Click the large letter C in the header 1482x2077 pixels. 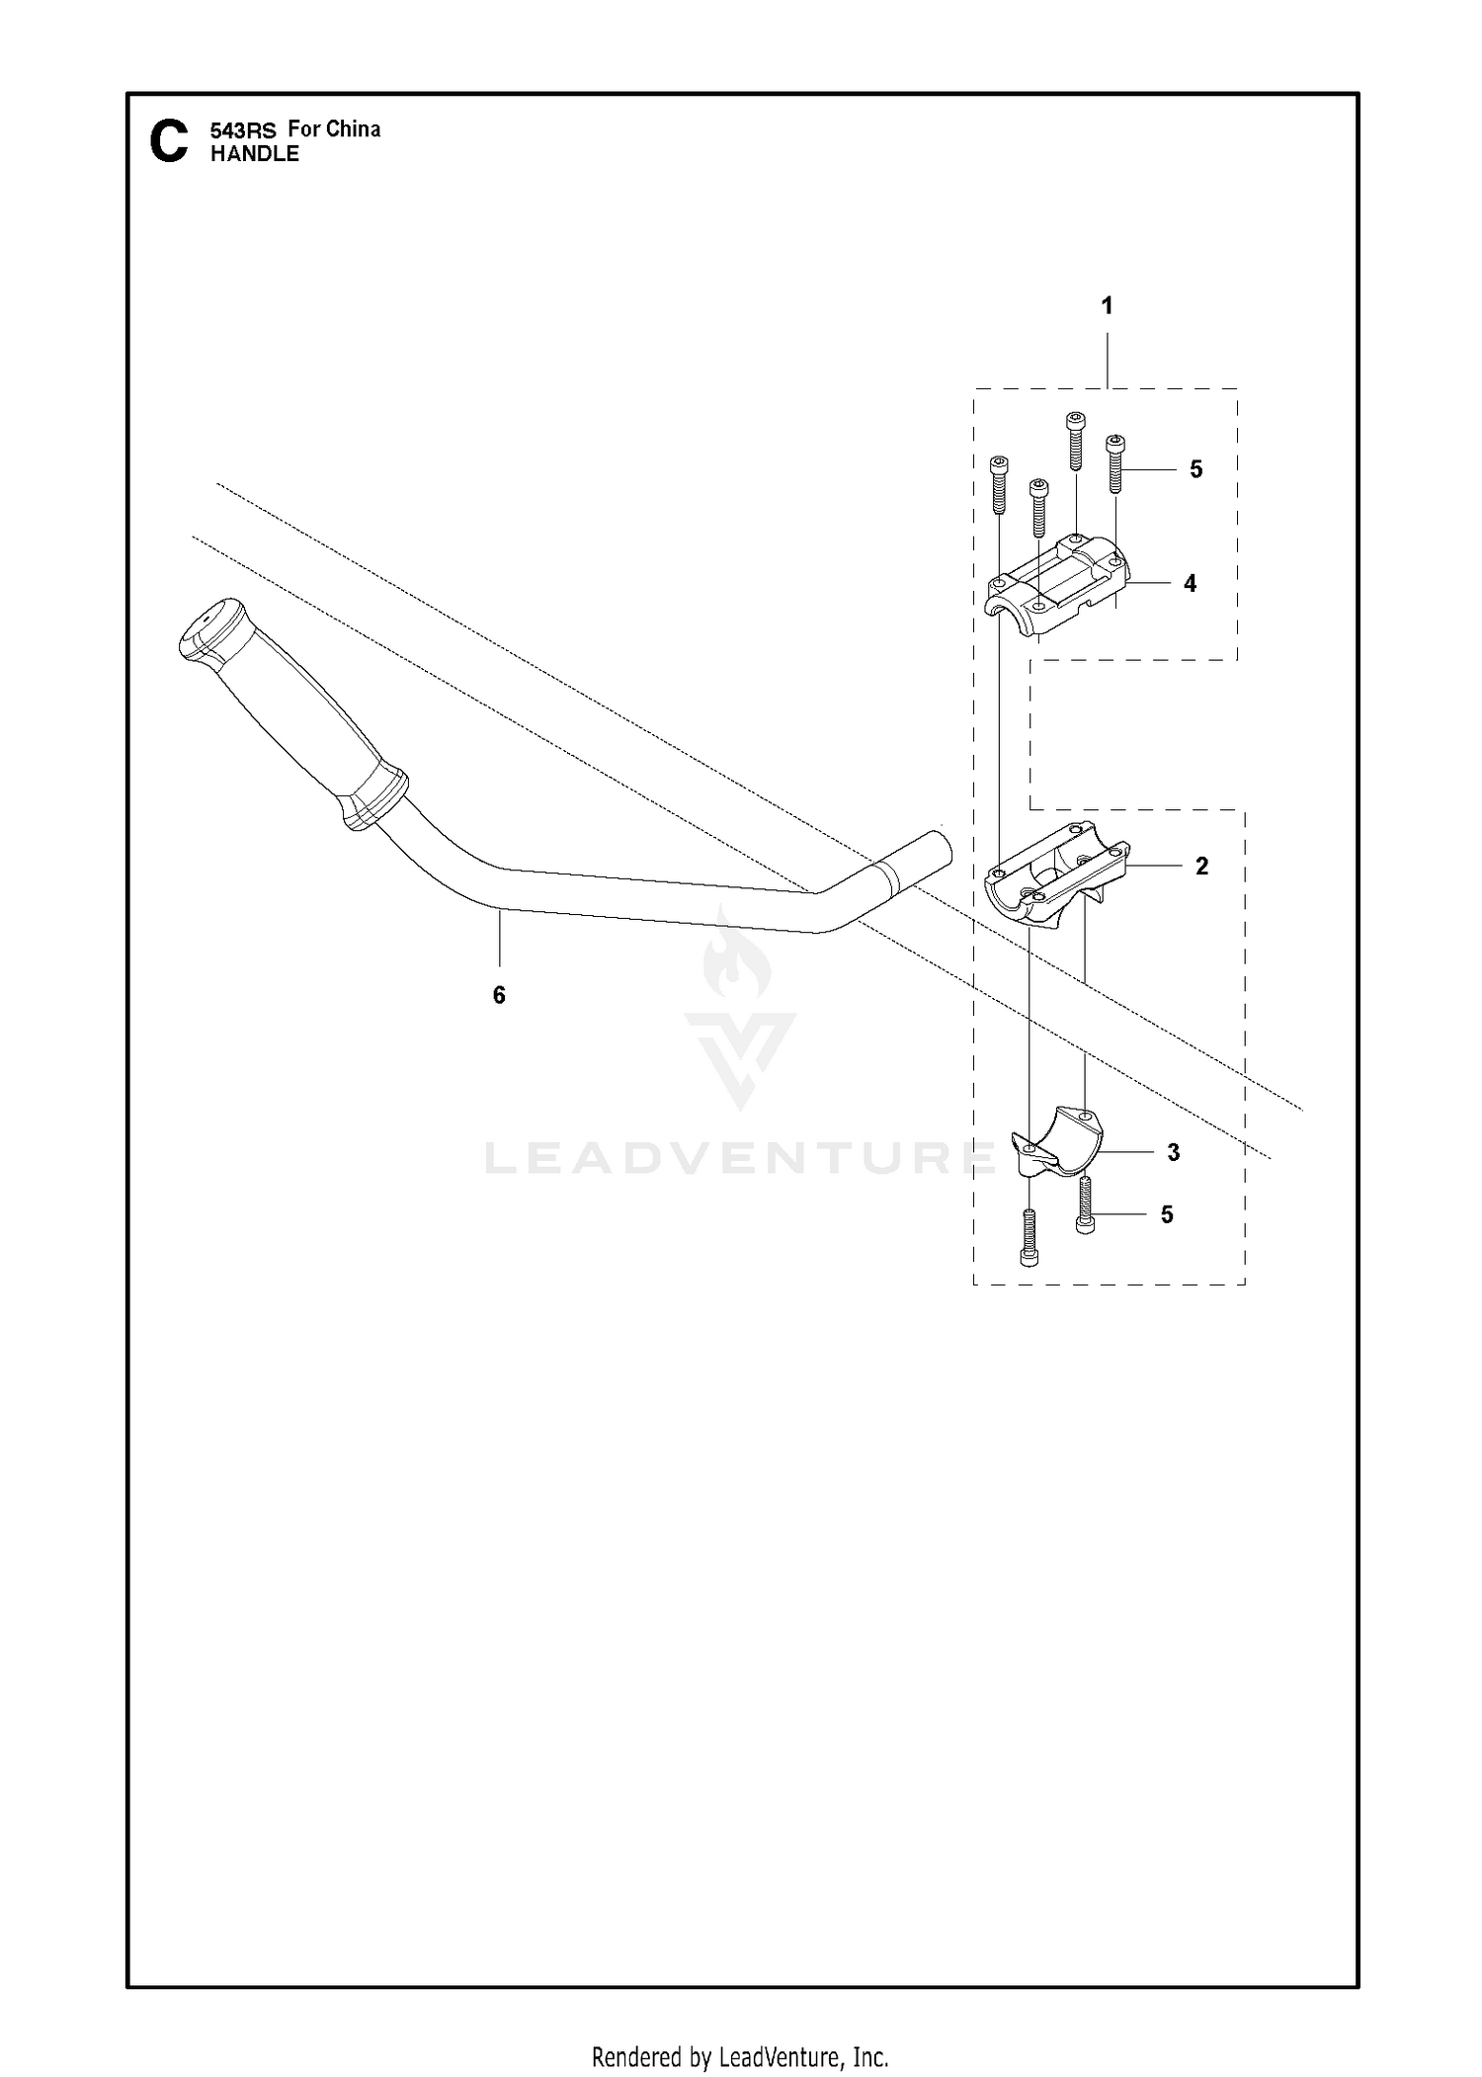coord(168,141)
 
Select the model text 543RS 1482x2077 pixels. coord(243,129)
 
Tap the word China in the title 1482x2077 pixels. coord(353,128)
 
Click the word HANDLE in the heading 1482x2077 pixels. coord(255,154)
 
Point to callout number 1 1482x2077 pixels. coord(1107,306)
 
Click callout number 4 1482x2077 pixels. coord(1190,584)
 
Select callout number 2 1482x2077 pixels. coord(1201,867)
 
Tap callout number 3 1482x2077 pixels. coord(1174,1152)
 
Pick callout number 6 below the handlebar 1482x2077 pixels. coord(499,995)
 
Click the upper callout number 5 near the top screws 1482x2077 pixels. coord(1196,469)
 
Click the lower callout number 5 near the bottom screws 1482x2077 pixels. coord(1167,1214)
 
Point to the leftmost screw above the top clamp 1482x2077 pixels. coord(999,484)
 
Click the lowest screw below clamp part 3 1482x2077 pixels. coord(1029,1236)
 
